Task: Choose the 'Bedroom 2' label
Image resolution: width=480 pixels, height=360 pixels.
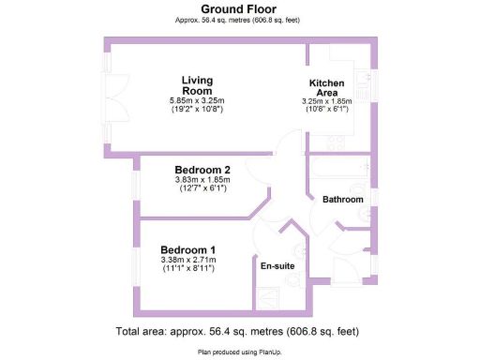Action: pos(202,170)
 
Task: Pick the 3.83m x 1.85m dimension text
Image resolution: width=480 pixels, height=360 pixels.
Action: pos(202,180)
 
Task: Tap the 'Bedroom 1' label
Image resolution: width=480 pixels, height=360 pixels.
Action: pos(187,249)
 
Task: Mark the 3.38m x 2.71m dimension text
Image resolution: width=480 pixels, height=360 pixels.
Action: pos(187,260)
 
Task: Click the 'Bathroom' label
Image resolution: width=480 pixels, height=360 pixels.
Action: pos(342,201)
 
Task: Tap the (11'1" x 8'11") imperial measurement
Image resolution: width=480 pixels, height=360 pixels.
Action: pos(187,269)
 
